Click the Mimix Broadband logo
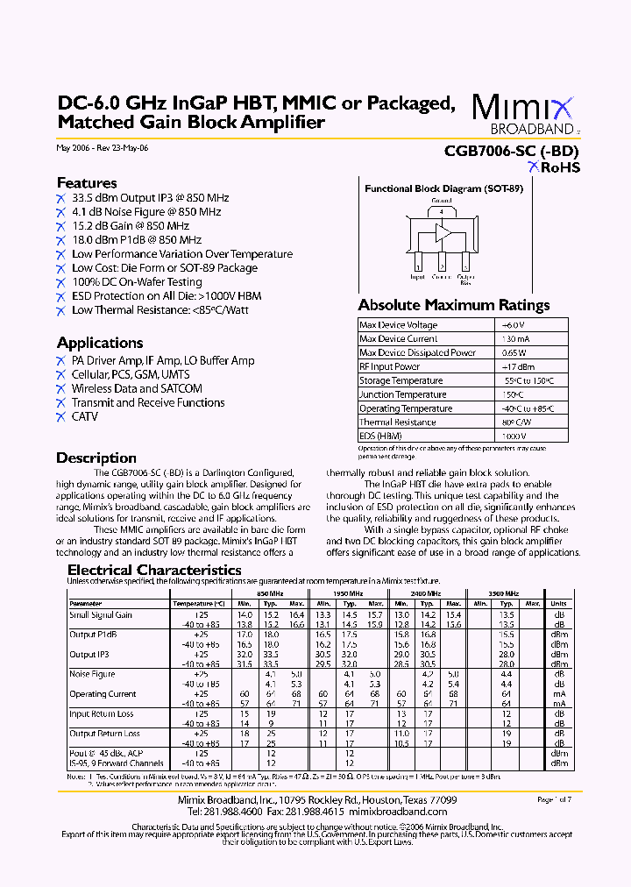524,112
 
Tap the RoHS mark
553,167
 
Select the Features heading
87,183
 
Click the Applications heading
100,343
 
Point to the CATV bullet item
85,416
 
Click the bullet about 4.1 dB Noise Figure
145,212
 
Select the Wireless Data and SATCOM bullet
137,388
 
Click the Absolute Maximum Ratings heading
454,305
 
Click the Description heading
96,458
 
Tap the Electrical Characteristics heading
154,570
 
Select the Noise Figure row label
92,674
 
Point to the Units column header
558,603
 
